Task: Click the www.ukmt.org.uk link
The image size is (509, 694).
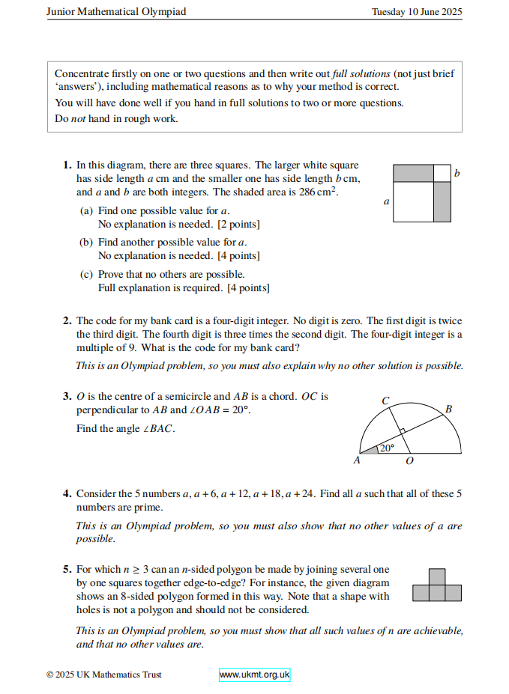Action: (254, 675)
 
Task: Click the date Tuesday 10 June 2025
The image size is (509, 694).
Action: (417, 12)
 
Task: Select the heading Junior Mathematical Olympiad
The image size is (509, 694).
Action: (116, 12)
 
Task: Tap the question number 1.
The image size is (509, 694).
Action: (67, 165)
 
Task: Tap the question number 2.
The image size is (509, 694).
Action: (67, 321)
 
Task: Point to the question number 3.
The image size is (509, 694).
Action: (67, 396)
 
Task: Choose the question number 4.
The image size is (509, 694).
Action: (67, 493)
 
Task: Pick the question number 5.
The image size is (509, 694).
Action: (67, 570)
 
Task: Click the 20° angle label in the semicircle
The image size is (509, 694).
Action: (386, 448)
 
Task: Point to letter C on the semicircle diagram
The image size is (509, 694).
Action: (385, 401)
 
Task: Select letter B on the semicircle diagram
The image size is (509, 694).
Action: (448, 410)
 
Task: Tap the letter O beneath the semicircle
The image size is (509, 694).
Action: (409, 461)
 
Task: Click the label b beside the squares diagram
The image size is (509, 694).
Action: (457, 174)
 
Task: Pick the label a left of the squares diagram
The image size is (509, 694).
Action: (386, 201)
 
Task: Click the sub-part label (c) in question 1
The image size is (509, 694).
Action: (87, 275)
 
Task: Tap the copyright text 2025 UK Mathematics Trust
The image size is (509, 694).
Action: (103, 675)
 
